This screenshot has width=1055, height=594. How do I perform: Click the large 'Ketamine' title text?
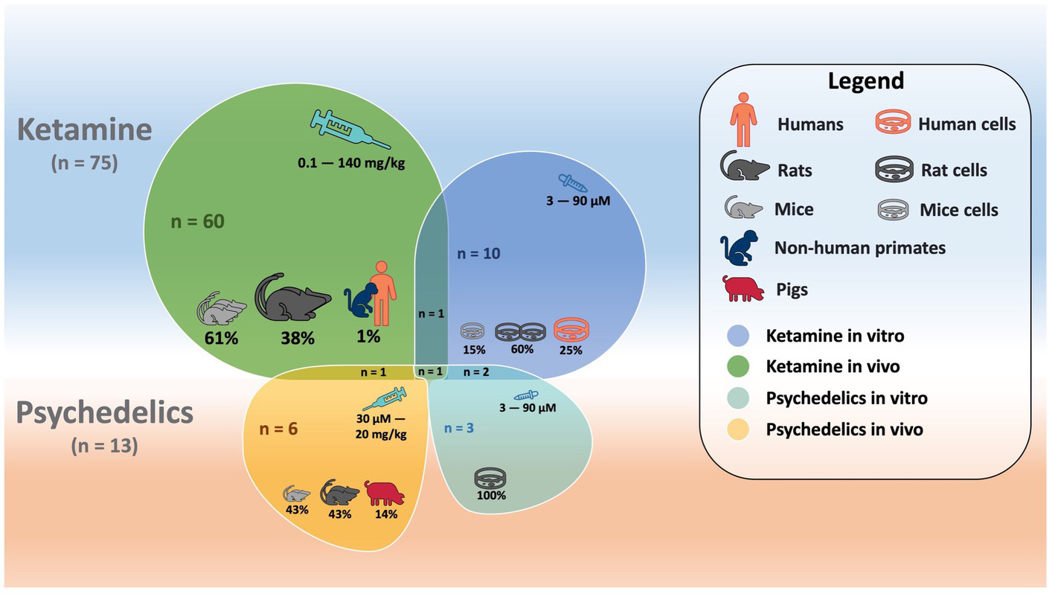[85, 130]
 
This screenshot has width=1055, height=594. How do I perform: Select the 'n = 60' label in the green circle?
[197, 221]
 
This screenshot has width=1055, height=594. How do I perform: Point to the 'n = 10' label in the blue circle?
[478, 253]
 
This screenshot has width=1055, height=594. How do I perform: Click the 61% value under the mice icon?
[222, 338]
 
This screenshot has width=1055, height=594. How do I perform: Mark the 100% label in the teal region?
[491, 495]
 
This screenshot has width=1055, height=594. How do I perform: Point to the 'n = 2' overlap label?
[477, 371]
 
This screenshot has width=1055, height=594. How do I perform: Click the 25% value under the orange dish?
[571, 349]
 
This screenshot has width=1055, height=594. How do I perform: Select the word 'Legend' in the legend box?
[866, 80]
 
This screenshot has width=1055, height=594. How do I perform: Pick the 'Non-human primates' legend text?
[860, 248]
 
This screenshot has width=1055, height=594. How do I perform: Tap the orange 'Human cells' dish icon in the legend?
[894, 124]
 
